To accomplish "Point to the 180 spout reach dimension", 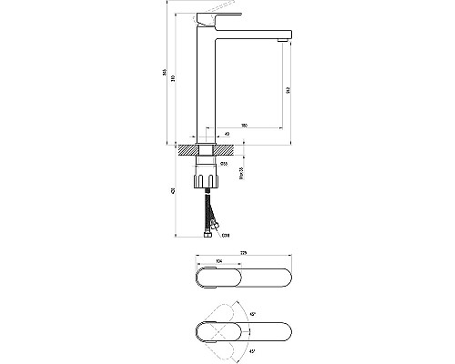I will click(x=246, y=125).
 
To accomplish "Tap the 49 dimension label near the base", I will click(x=226, y=134).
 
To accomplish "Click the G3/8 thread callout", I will click(x=225, y=235).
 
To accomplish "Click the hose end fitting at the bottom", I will click(x=208, y=233).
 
